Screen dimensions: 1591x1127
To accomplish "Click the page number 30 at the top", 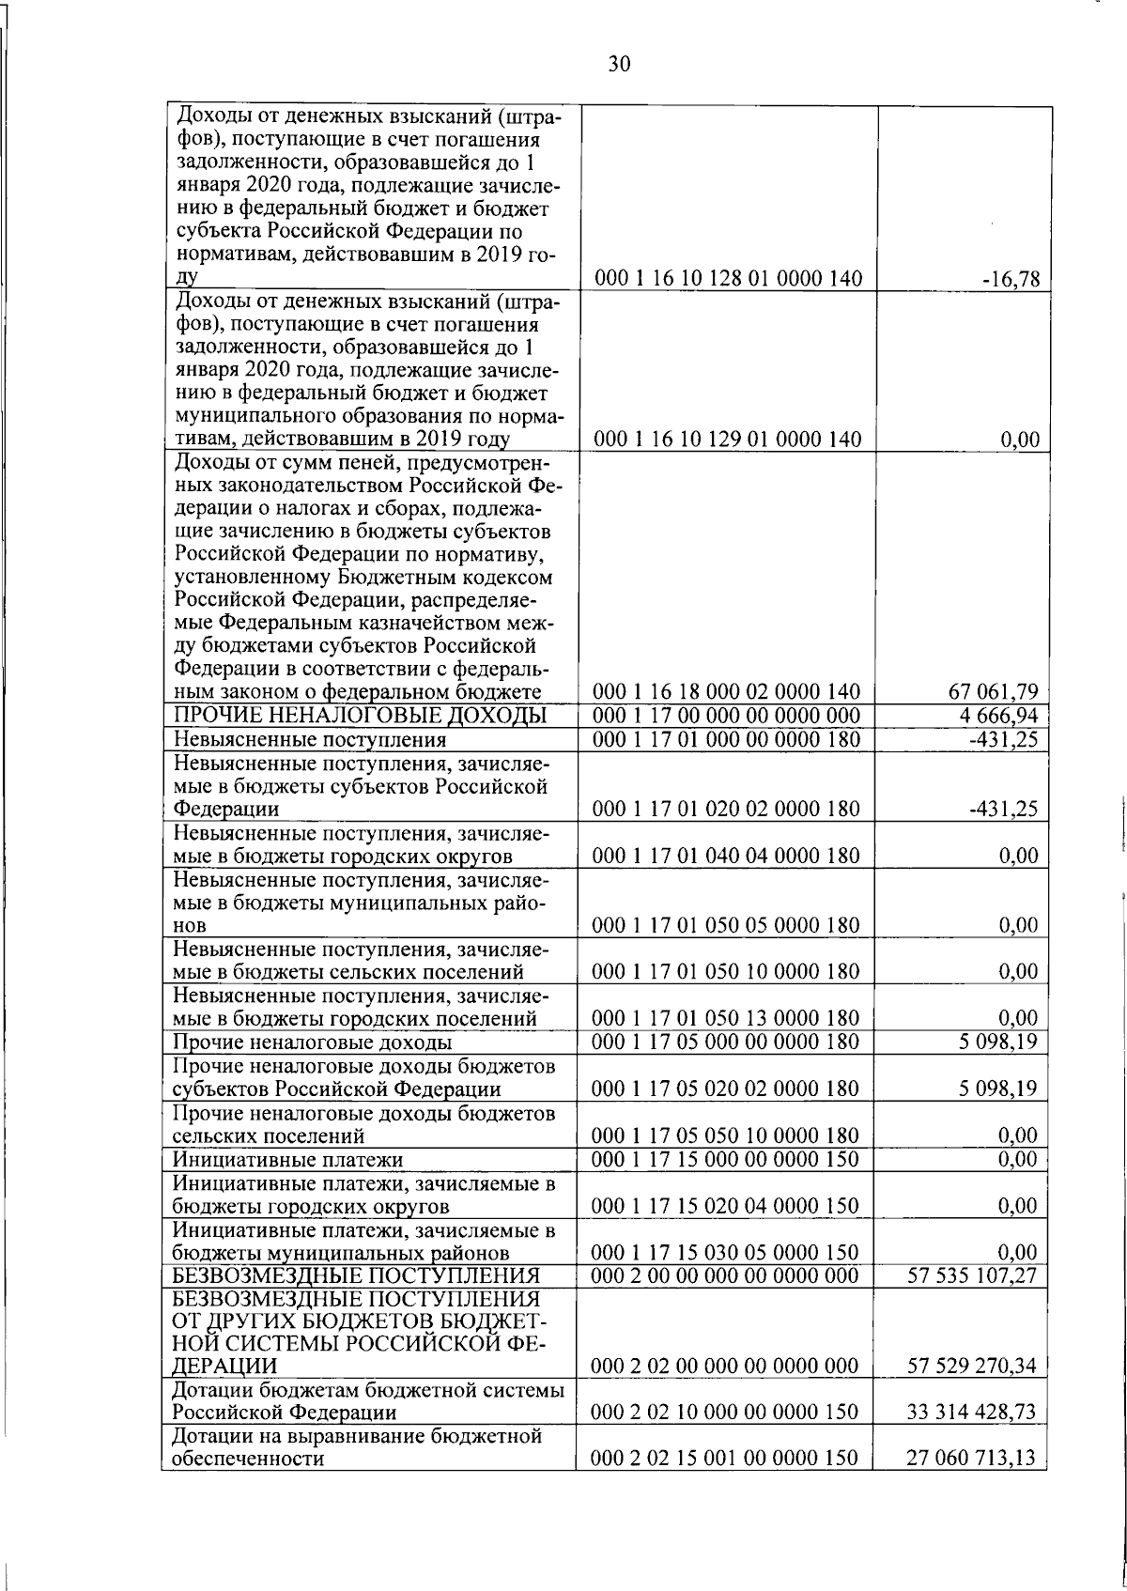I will point(619,64).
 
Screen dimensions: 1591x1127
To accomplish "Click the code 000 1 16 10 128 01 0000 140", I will point(727,279).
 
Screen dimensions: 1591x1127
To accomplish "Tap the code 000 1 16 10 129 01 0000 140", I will point(727,439).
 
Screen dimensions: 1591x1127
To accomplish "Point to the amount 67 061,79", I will point(996,692).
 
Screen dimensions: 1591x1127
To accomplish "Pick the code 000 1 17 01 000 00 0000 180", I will point(727,739).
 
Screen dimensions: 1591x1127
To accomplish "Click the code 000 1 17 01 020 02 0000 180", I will point(727,809).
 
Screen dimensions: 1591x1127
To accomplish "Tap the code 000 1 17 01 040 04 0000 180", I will point(727,856).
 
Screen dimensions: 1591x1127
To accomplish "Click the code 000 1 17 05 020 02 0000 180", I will point(727,1089).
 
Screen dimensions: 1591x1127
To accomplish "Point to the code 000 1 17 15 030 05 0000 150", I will point(727,1253).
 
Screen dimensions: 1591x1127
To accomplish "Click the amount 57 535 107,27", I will point(972,1275).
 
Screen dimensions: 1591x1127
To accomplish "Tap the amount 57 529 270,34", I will point(972,1366).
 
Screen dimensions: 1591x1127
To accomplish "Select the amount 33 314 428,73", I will point(972,1413).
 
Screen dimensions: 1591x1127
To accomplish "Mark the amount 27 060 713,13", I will point(972,1459).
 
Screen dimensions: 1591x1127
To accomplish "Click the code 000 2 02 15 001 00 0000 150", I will point(727,1459).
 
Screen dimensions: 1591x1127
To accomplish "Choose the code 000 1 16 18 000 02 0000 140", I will point(727,692).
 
